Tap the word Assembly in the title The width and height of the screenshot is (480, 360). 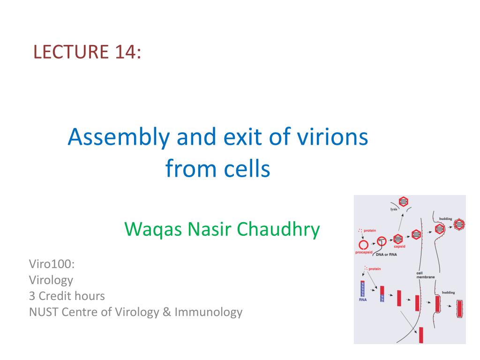click(x=119, y=137)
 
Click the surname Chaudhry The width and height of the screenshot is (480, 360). click(x=278, y=229)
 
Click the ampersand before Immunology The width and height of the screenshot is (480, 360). click(x=166, y=312)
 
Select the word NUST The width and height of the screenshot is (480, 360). click(x=44, y=312)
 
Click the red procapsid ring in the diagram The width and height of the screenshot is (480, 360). click(x=363, y=245)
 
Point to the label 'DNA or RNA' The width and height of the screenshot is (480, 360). click(x=386, y=255)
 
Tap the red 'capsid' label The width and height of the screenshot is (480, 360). click(x=399, y=246)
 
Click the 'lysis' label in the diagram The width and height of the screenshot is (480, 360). click(x=394, y=209)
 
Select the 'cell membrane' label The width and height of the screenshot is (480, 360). click(x=425, y=275)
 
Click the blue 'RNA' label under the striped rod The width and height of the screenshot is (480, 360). click(x=363, y=300)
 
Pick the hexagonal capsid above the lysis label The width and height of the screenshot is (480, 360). click(x=404, y=202)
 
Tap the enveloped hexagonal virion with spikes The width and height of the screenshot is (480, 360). click(x=459, y=225)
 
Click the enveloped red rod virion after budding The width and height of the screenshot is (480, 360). click(x=459, y=309)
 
